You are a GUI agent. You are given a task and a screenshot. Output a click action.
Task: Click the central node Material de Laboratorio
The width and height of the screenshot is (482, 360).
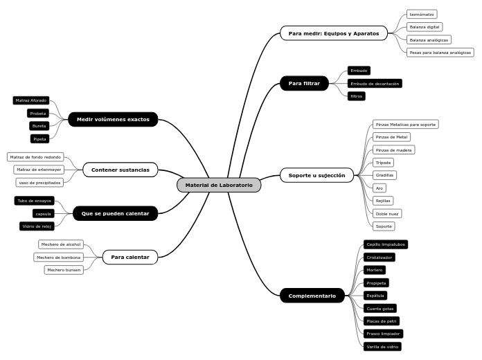click(219, 185)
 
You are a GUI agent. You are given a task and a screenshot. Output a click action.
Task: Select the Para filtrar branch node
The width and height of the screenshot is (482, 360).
click(304, 83)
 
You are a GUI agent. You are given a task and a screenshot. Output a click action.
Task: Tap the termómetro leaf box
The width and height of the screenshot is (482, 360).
click(421, 14)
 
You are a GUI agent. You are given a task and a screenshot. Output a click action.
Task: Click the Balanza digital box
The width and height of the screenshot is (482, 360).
click(425, 27)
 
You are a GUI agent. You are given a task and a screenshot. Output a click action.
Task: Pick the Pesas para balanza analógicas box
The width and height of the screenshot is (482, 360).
click(440, 52)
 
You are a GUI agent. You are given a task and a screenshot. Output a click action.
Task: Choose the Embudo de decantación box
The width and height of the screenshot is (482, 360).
click(375, 83)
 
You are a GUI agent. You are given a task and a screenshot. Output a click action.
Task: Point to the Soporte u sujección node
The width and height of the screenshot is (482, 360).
click(316, 175)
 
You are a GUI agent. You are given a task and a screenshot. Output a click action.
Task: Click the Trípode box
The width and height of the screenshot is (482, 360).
click(383, 163)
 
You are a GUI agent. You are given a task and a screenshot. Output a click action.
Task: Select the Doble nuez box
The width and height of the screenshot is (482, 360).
click(386, 213)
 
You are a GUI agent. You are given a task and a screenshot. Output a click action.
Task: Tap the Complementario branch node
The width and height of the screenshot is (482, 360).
click(312, 296)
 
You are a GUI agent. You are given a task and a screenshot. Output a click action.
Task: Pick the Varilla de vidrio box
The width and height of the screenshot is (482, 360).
click(382, 346)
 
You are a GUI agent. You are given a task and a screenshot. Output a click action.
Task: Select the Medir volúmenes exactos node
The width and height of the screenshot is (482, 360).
click(113, 119)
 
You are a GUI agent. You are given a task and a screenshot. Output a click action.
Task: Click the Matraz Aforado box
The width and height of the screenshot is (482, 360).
click(31, 100)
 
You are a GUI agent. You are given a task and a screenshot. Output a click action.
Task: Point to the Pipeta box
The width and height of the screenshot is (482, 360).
click(39, 138)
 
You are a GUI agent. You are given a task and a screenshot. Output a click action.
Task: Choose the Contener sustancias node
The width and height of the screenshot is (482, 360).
click(120, 170)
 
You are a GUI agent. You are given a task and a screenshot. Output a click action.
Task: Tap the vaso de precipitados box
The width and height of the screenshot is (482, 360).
click(40, 182)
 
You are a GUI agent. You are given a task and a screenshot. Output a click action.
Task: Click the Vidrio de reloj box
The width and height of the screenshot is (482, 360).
click(37, 226)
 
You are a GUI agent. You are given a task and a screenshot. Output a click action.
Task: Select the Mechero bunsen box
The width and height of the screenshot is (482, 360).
click(64, 270)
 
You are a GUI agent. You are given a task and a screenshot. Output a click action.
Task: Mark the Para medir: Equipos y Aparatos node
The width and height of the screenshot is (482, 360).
click(334, 33)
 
